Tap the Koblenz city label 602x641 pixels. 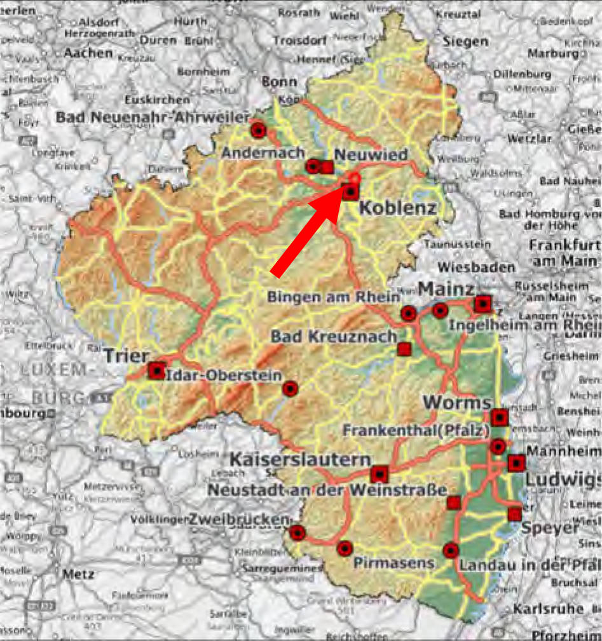point(398,208)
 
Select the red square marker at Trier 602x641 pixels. point(156,370)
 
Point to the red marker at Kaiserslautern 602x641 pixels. point(379,474)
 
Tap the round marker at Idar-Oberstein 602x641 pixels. point(290,389)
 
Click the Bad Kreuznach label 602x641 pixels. point(334,336)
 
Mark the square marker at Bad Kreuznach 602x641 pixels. point(404,348)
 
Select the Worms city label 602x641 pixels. point(456,402)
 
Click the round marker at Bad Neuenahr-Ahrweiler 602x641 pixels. point(258,131)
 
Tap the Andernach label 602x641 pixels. point(263,153)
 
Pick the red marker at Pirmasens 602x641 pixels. point(345,548)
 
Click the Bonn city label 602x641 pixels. point(280,82)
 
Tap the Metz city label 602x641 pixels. point(78,574)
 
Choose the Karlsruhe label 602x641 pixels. point(548,608)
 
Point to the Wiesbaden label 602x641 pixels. point(475,267)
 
